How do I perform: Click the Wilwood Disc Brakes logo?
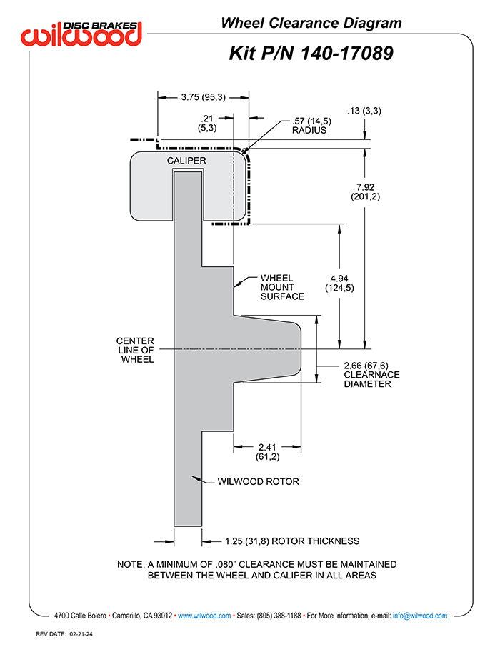click(81, 34)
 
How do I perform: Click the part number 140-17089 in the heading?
click(347, 54)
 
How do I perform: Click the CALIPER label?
click(186, 161)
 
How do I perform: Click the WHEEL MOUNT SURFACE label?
click(282, 287)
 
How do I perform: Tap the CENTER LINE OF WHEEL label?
click(135, 350)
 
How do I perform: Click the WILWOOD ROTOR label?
click(258, 481)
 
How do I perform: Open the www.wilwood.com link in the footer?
click(204, 616)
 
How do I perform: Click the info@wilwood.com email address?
click(420, 616)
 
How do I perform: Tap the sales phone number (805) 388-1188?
click(279, 616)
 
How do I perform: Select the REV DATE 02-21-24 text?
click(64, 634)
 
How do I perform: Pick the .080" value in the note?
click(225, 564)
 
